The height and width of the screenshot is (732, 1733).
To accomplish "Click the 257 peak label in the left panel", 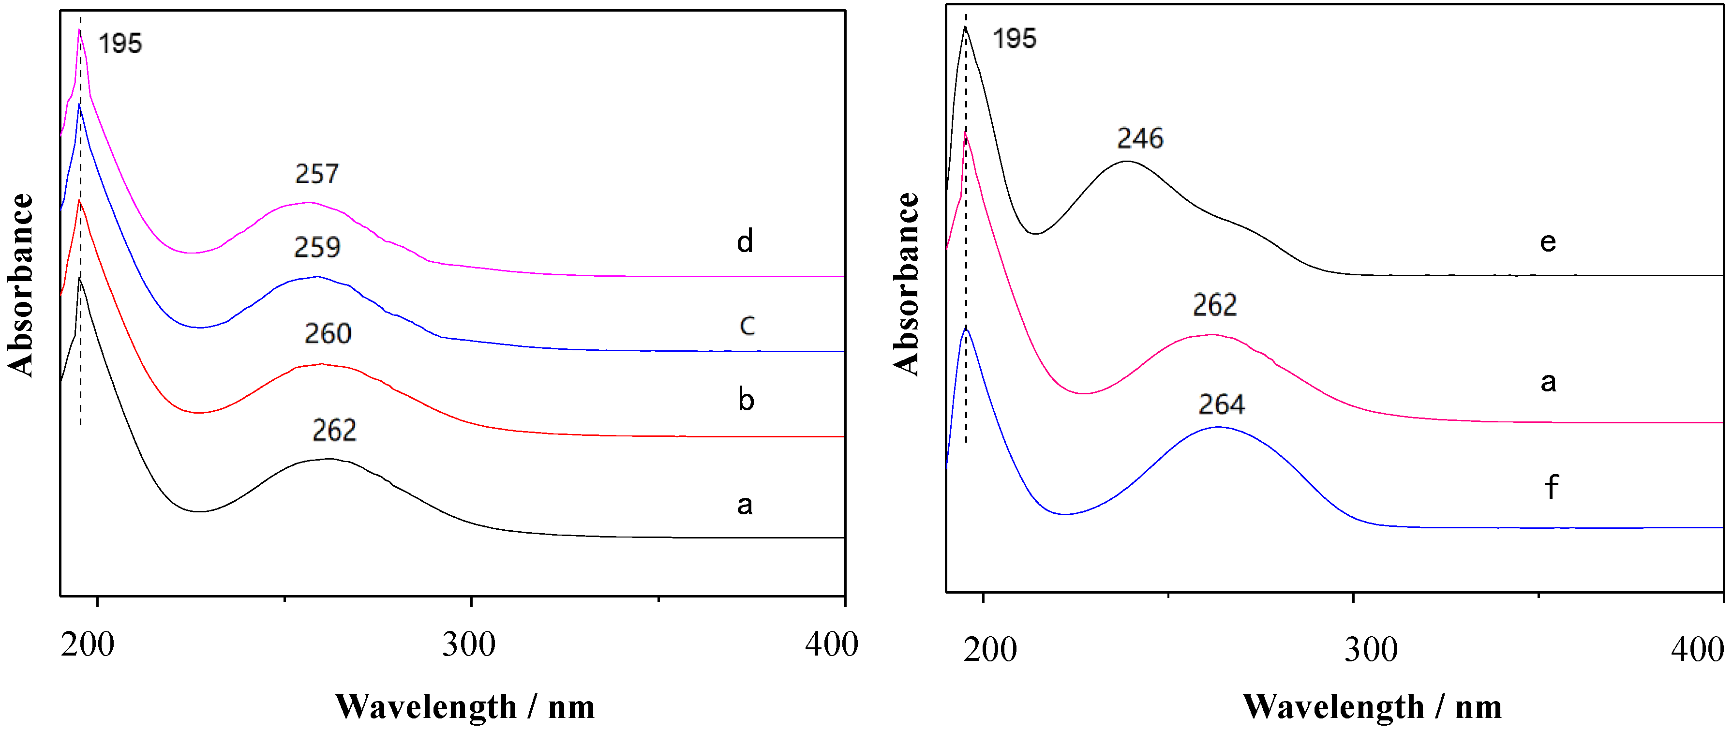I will [317, 174].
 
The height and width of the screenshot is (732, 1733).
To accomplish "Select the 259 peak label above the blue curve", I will [317, 248].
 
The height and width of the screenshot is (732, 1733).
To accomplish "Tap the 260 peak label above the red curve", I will [328, 334].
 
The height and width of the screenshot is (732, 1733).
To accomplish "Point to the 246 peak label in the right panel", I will [1140, 138].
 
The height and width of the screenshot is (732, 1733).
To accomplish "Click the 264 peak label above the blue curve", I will [1221, 404].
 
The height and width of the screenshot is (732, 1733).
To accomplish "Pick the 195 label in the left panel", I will [120, 44].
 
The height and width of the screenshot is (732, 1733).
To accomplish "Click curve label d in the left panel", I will [744, 241].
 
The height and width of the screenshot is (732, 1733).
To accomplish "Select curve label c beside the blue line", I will [747, 325].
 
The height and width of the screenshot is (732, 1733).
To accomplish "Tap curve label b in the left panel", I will [746, 400].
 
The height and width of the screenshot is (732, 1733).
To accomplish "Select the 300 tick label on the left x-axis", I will [469, 644].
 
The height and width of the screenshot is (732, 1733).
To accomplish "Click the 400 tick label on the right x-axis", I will [1697, 650].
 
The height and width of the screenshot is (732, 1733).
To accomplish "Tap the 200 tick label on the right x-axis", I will [989, 650].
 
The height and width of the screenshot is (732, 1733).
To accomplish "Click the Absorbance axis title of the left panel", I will [21, 284].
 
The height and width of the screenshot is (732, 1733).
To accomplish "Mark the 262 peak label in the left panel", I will [334, 431].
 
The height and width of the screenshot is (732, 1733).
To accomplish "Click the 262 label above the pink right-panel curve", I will [1214, 305].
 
